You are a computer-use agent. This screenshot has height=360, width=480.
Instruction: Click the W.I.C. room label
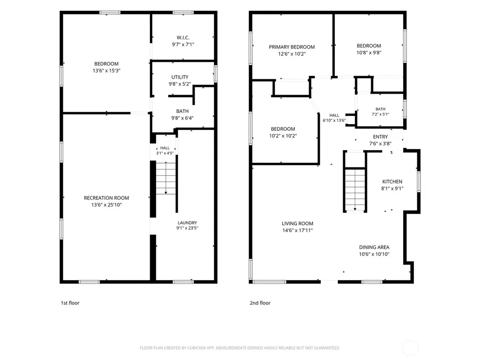pos(183,37)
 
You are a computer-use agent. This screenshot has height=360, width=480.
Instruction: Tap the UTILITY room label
pos(180,77)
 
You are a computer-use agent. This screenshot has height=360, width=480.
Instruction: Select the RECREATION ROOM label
pos(106,198)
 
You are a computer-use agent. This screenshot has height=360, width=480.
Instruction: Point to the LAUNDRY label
pos(187,223)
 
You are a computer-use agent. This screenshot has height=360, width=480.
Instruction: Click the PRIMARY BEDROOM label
pos(292,47)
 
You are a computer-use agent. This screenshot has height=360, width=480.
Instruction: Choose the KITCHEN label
pos(392,182)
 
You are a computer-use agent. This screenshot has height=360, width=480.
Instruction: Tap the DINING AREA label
pos(374,247)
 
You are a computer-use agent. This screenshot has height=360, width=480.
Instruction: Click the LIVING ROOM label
pos(298,224)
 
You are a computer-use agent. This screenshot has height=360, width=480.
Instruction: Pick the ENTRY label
pos(380,137)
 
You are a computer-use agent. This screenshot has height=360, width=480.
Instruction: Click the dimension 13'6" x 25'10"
pos(106,205)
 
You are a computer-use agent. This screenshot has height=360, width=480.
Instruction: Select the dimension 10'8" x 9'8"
pos(369,52)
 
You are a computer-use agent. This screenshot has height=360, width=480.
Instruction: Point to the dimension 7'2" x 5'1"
pos(380,114)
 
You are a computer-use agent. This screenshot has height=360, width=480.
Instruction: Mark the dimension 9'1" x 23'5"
pos(187,228)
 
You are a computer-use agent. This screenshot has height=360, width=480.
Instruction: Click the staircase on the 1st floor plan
pos(166,178)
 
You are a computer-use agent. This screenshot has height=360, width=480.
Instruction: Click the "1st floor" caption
pos(70,303)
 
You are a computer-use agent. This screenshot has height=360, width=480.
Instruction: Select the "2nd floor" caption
pos(260,303)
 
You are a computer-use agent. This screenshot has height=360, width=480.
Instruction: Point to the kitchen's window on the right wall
pos(419,181)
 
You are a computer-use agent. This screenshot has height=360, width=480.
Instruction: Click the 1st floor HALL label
pos(165,148)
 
